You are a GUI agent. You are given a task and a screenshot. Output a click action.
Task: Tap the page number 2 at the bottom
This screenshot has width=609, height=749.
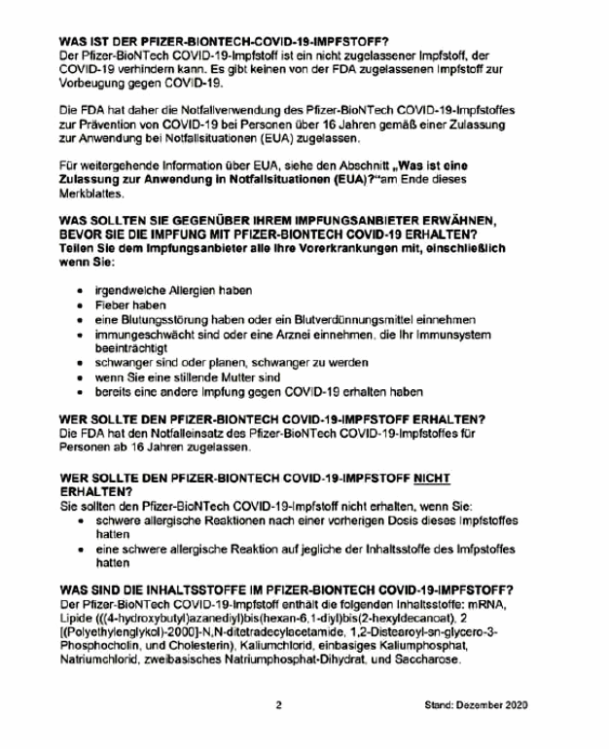pyautogui.click(x=279, y=704)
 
